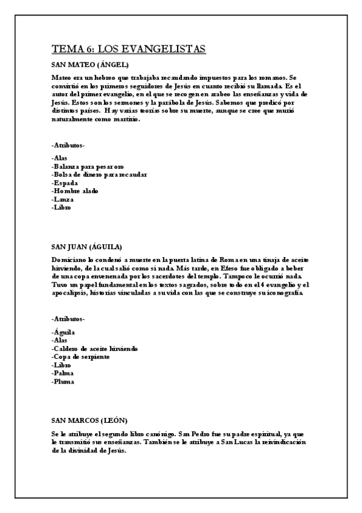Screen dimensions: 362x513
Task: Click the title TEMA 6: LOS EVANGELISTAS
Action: pos(129,49)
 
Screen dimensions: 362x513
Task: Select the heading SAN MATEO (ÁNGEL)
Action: pos(90,65)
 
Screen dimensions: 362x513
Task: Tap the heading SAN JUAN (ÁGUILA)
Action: pos(87,247)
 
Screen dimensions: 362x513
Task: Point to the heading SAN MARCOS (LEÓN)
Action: pos(89,420)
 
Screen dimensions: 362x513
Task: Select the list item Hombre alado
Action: pos(75,191)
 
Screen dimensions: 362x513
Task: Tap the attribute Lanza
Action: pos(63,200)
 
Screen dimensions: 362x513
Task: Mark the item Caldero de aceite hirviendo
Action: pos(95,349)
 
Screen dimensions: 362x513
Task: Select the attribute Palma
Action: pos(64,374)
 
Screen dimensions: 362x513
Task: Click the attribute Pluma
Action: pos(64,382)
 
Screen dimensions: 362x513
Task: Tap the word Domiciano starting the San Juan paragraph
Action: pos(69,260)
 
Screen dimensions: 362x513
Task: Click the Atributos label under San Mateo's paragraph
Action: pos(68,145)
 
